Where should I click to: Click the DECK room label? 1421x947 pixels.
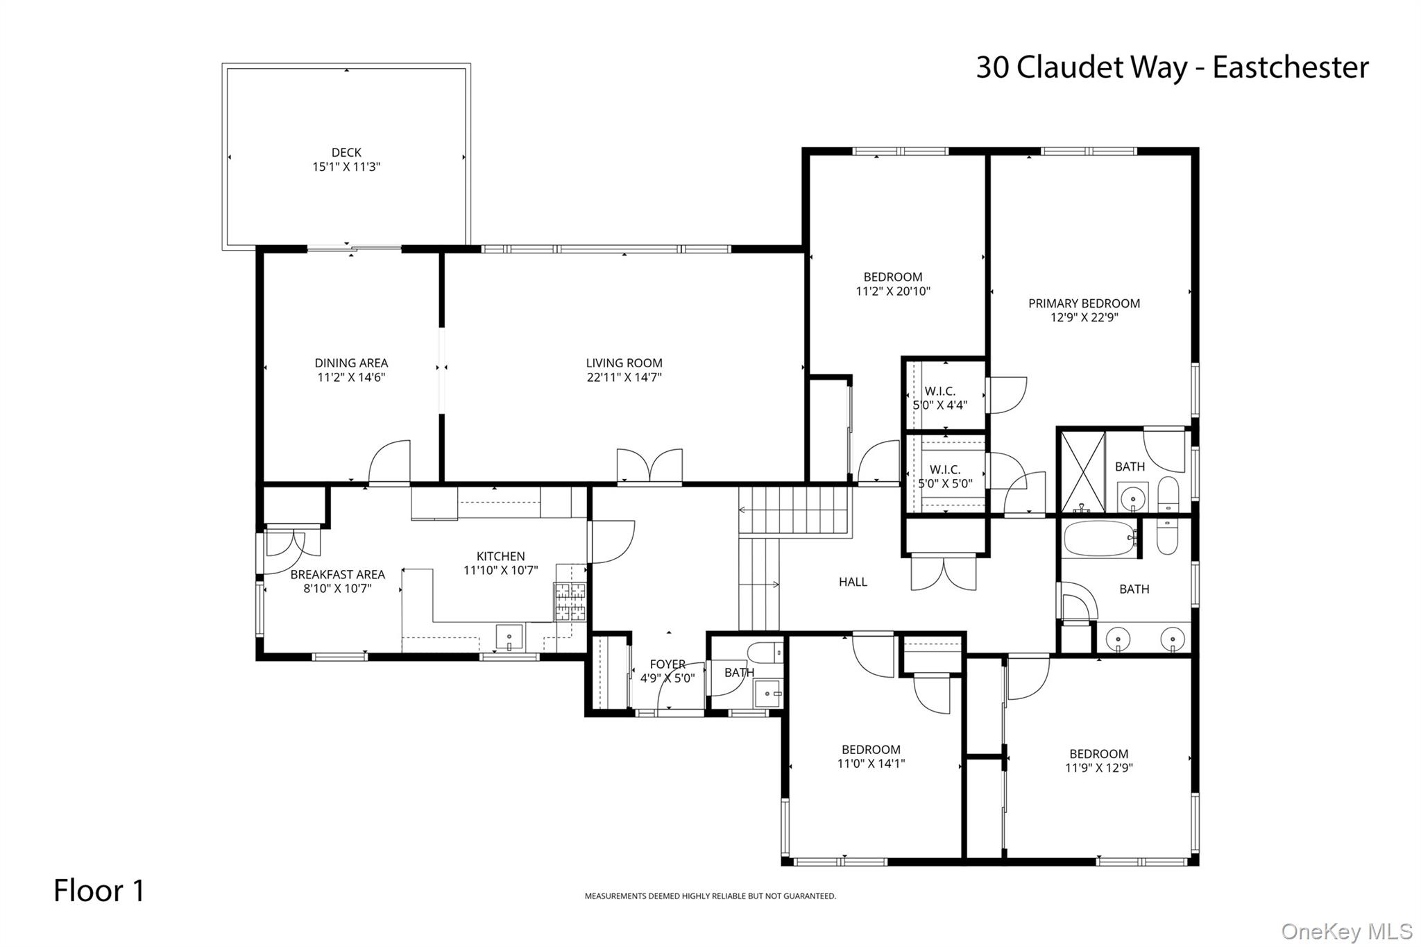pos(346,152)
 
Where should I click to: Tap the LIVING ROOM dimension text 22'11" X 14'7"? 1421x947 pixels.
pos(624,378)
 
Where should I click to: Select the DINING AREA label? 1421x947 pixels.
pos(351,362)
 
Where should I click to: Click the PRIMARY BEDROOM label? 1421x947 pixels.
pos(1084,303)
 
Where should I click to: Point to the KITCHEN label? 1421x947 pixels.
pos(500,556)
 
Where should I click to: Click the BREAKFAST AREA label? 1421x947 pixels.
pos(337,574)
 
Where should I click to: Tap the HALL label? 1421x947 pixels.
pos(853,582)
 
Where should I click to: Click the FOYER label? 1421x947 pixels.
pos(667,664)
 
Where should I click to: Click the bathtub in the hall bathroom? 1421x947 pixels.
pos(1099,539)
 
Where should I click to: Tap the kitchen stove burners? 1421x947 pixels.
pos(570,601)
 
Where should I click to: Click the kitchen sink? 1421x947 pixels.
pos(509,637)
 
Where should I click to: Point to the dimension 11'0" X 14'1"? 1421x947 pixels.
pos(871,764)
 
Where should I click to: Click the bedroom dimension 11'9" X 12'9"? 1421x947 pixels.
pos(1098,768)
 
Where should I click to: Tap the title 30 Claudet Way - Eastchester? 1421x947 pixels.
pos(1172,68)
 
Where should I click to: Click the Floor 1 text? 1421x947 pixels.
pos(99,891)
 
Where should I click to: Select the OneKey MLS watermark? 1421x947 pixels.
pos(1346,931)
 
